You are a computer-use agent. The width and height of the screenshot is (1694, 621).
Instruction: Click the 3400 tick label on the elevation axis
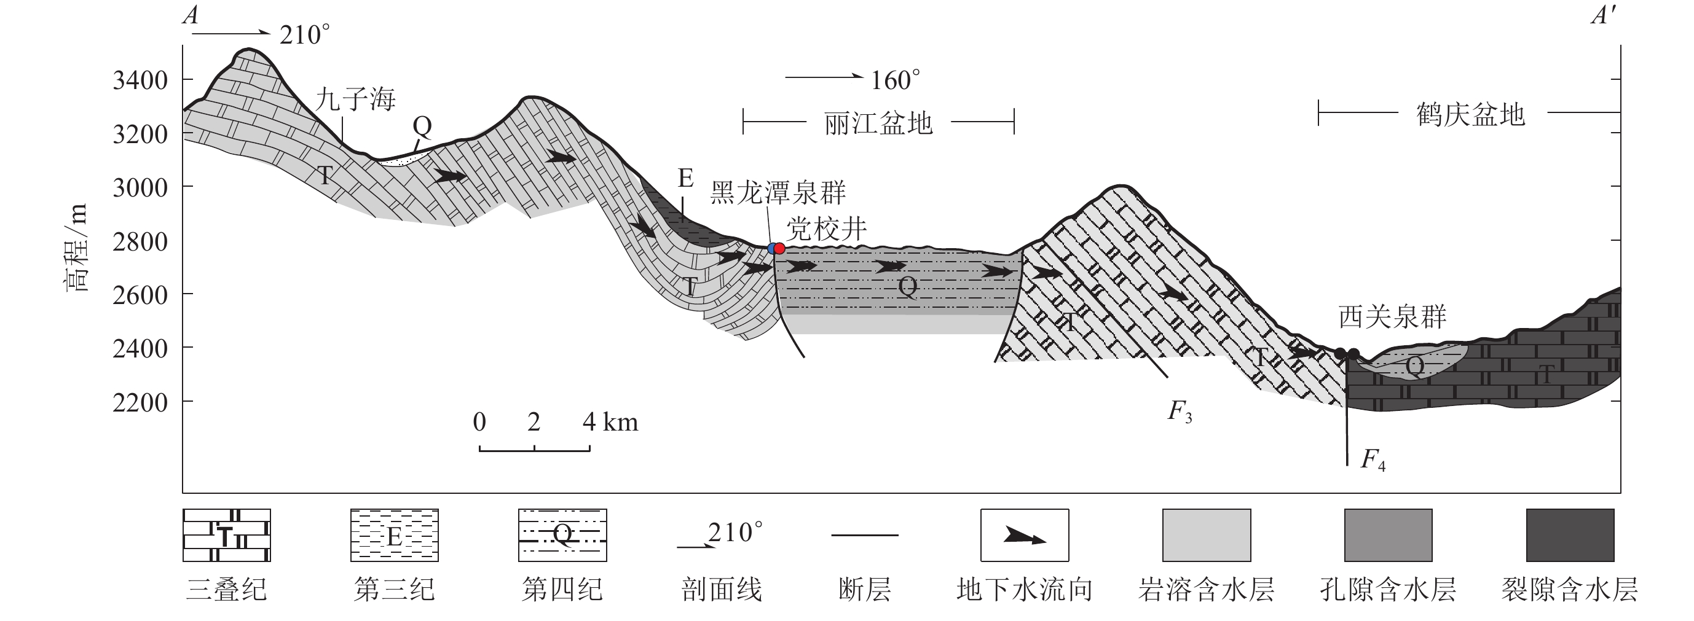coord(140,81)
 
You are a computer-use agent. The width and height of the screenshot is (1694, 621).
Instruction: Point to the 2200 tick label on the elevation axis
coord(140,402)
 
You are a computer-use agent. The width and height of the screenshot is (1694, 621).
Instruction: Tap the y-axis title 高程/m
coord(76,248)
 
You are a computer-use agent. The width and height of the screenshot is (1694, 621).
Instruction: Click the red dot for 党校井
coord(780,248)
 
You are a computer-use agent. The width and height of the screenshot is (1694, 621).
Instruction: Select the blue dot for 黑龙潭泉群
coord(771,248)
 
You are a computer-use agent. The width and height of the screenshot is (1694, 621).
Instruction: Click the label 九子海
coord(355,100)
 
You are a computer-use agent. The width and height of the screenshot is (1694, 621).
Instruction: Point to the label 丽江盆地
coord(878,123)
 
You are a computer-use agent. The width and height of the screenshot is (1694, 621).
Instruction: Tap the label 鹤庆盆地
coord(1470,115)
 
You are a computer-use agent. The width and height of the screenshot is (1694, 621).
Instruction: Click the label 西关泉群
coord(1393,318)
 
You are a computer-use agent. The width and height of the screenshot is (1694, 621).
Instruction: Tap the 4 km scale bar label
coord(610,422)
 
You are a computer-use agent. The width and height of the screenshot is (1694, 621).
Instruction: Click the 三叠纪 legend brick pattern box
coord(226,535)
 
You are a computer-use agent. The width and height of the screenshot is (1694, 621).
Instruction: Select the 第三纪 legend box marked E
coord(394,535)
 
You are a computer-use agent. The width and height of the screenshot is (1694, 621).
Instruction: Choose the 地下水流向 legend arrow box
coord(1025,535)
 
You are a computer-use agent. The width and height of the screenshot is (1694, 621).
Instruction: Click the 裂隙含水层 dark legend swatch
coord(1570,535)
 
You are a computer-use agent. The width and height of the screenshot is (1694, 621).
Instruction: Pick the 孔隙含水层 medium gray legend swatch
coord(1389,535)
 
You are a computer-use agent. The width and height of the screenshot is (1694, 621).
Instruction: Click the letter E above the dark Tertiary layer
coord(685,178)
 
